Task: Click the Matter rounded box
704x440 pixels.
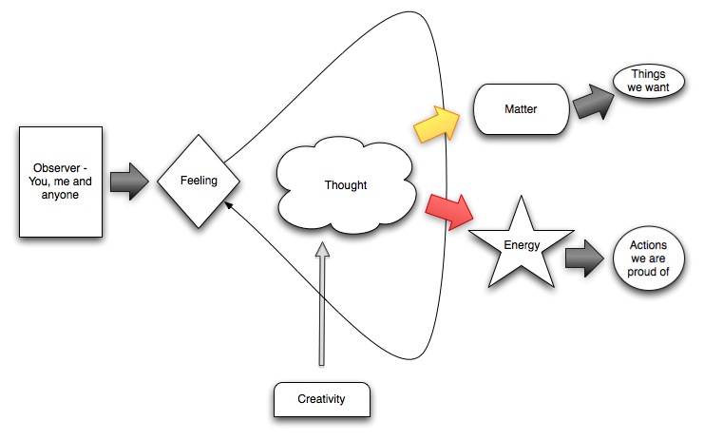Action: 520,109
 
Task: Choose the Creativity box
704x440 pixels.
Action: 320,400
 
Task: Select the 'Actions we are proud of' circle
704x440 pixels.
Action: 650,258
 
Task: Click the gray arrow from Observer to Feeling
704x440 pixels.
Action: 129,180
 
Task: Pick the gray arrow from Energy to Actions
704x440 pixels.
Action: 585,257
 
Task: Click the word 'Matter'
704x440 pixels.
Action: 520,109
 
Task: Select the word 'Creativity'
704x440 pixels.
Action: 320,400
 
